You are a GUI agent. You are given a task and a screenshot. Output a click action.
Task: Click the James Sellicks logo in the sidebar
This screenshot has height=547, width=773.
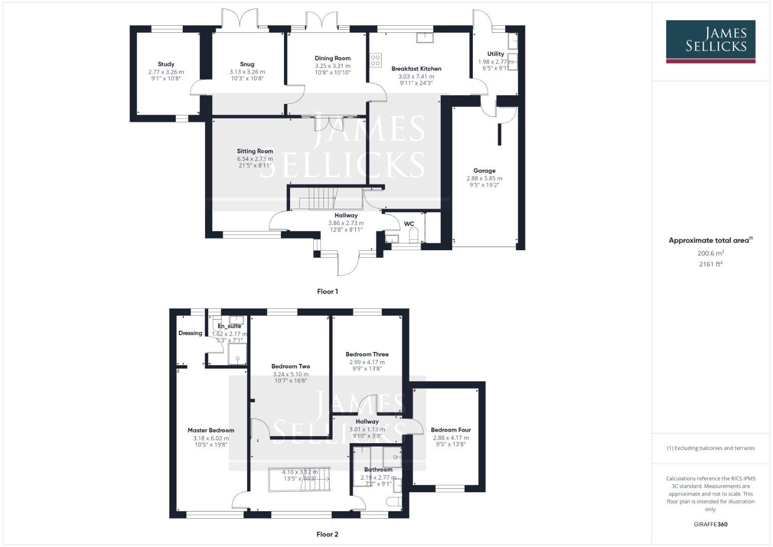[x=710, y=41]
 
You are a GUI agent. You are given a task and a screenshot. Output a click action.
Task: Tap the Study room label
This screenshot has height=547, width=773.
[x=166, y=64]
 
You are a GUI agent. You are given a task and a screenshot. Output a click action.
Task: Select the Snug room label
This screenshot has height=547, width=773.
[x=247, y=64]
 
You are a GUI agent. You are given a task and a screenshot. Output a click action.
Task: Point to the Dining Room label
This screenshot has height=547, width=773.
[x=333, y=58]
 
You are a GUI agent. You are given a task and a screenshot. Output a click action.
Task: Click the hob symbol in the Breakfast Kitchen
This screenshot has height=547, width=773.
[x=376, y=60]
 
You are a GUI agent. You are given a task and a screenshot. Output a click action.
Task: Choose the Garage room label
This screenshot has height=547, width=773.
[x=484, y=171]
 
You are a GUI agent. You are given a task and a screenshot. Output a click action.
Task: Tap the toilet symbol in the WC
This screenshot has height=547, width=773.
[x=414, y=235]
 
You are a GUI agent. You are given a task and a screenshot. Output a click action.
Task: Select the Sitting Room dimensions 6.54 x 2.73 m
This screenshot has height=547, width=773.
[x=255, y=159]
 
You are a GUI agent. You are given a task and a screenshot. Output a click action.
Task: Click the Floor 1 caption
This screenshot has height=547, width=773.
[x=327, y=291]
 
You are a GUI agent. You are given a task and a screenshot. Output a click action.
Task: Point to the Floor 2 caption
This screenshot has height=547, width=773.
[x=327, y=534]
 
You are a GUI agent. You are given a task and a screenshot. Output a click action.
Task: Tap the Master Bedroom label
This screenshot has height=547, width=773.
[x=211, y=431]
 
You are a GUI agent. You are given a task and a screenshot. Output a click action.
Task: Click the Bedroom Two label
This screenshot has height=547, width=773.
[x=291, y=366]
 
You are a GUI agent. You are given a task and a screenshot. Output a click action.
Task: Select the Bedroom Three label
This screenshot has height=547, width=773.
[x=367, y=355]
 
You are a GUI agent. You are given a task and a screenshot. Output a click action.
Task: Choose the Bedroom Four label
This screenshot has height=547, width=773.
[x=451, y=430]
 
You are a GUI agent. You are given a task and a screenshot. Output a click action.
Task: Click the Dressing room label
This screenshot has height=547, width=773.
[x=190, y=333]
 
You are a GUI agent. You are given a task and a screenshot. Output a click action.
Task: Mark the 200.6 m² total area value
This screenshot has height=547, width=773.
[x=711, y=253]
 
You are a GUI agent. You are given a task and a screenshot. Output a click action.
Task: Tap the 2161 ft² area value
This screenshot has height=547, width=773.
[x=711, y=264]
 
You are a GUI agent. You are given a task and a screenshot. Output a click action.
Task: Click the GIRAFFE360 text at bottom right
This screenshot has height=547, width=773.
[x=711, y=524]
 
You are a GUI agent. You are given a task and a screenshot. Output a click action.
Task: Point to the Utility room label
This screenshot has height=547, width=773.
[x=496, y=54]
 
